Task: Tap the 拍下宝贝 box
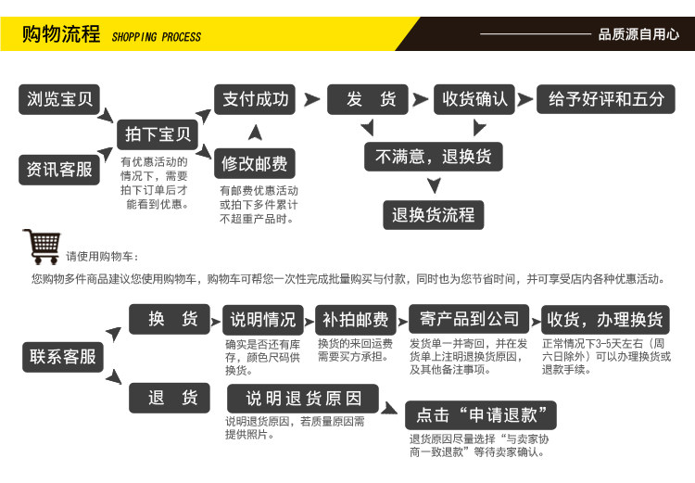click(x=158, y=134)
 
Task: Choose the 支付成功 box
click(x=255, y=99)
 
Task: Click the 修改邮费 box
click(x=255, y=165)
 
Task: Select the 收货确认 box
click(x=474, y=99)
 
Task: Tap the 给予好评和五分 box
click(x=606, y=99)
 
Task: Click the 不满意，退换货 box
click(x=433, y=157)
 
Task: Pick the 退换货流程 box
click(x=433, y=215)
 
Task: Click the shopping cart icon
click(x=41, y=247)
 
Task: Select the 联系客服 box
click(x=63, y=357)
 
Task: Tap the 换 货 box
click(x=173, y=319)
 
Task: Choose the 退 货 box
click(x=173, y=398)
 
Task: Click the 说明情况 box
click(x=264, y=320)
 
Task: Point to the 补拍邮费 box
click(x=355, y=320)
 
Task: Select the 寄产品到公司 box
click(x=469, y=319)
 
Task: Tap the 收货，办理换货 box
click(x=604, y=320)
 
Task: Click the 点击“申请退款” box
click(x=480, y=414)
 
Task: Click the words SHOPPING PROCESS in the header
click(x=156, y=37)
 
